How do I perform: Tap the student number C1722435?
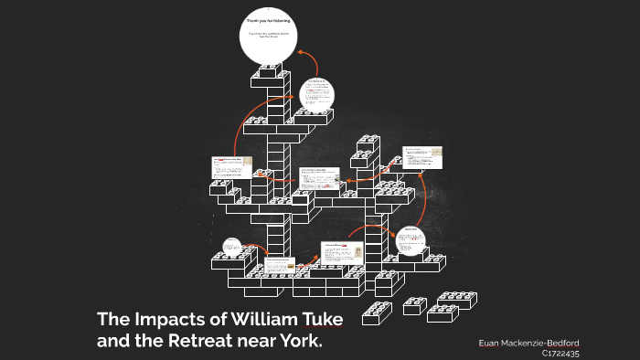pyautogui.click(x=560, y=353)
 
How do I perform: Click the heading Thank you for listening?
pyautogui.click(x=271, y=20)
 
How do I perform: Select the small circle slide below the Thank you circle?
pyautogui.click(x=316, y=93)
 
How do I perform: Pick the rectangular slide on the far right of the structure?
pyautogui.click(x=422, y=157)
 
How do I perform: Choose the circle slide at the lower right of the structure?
pyautogui.click(x=411, y=240)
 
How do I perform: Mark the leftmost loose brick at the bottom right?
pyautogui.click(x=377, y=313)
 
